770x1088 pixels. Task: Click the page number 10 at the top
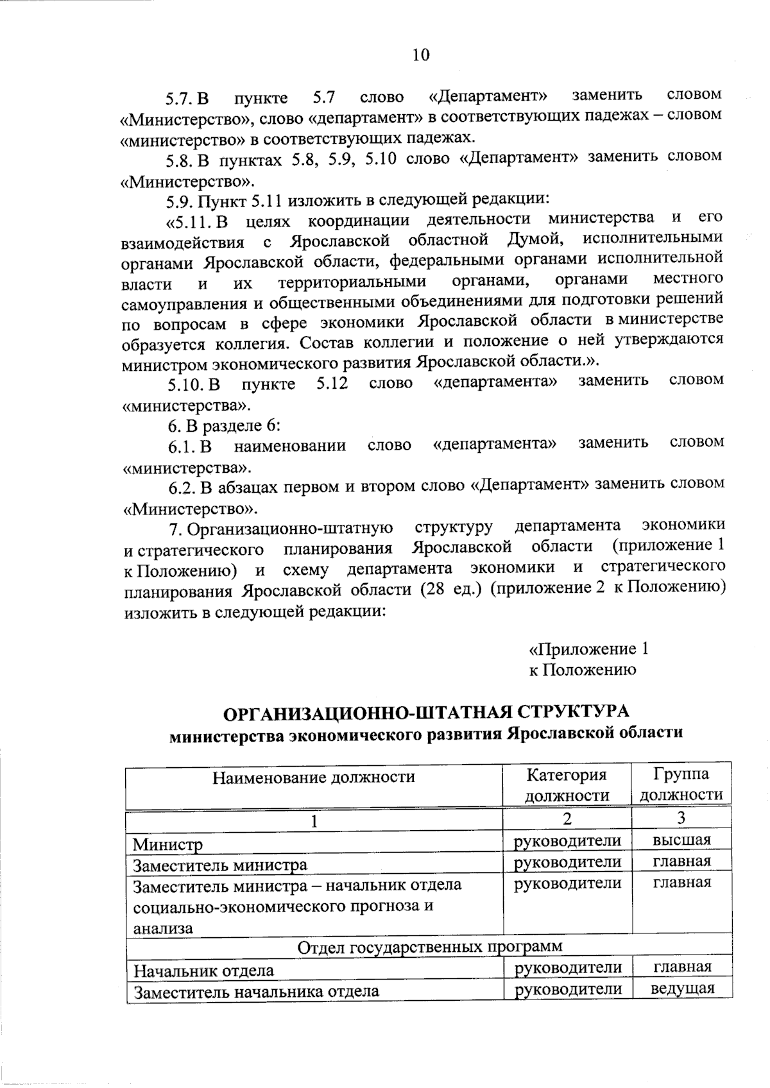tap(421, 55)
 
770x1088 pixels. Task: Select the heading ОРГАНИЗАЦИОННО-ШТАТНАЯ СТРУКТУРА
tap(425, 713)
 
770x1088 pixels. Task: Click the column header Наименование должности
tap(314, 778)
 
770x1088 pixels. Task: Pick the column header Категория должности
tap(567, 785)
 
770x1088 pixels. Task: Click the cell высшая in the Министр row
tap(681, 840)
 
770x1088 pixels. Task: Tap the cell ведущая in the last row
tap(682, 988)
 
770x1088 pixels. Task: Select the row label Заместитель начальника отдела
tap(255, 991)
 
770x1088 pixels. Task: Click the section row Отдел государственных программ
tap(430, 946)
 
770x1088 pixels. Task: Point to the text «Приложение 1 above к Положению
tap(588, 649)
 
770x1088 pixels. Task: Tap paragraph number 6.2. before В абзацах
tap(182, 488)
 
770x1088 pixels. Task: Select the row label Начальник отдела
tap(203, 971)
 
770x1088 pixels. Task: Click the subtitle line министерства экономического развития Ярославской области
tap(425, 734)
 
